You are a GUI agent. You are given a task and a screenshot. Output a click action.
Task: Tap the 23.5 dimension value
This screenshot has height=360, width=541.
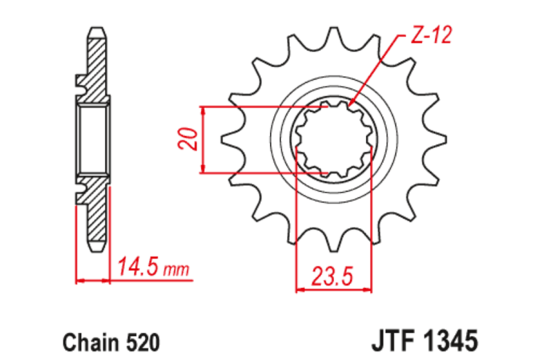(x=332, y=274)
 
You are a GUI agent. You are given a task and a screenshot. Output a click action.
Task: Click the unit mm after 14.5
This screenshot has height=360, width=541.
(x=178, y=270)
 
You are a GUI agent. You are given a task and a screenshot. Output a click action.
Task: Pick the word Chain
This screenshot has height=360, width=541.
(x=85, y=340)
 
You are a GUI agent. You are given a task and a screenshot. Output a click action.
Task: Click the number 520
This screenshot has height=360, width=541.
(x=141, y=340)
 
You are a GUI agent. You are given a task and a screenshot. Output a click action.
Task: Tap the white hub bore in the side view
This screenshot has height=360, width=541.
(x=93, y=140)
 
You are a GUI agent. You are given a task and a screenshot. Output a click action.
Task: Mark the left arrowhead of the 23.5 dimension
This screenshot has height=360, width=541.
(x=301, y=290)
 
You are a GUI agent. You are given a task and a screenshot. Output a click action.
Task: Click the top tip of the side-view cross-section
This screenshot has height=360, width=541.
(x=94, y=30)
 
